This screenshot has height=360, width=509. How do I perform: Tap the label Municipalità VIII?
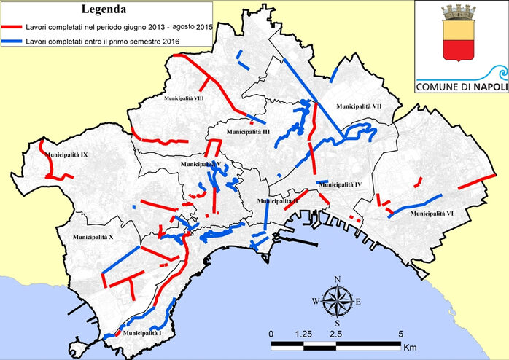[x=184, y=97]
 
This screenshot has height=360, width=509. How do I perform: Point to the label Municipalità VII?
[x=359, y=106]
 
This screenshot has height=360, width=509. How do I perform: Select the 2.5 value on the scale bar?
[x=337, y=333]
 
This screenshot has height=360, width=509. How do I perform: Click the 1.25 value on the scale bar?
[x=304, y=333]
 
